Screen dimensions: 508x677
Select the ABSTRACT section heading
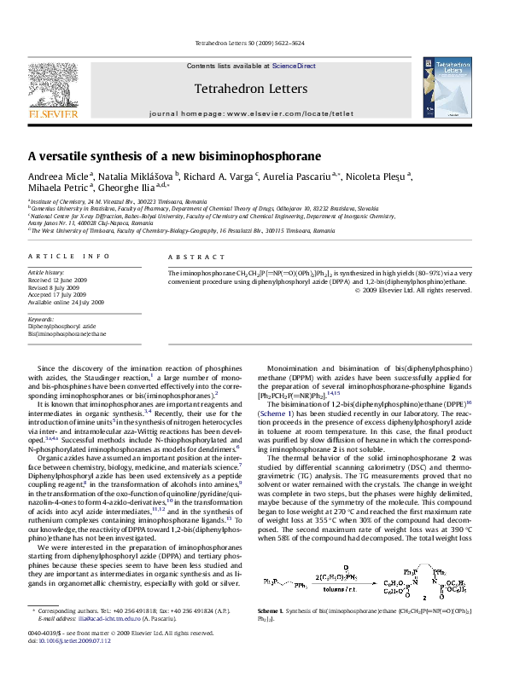[190, 256]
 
